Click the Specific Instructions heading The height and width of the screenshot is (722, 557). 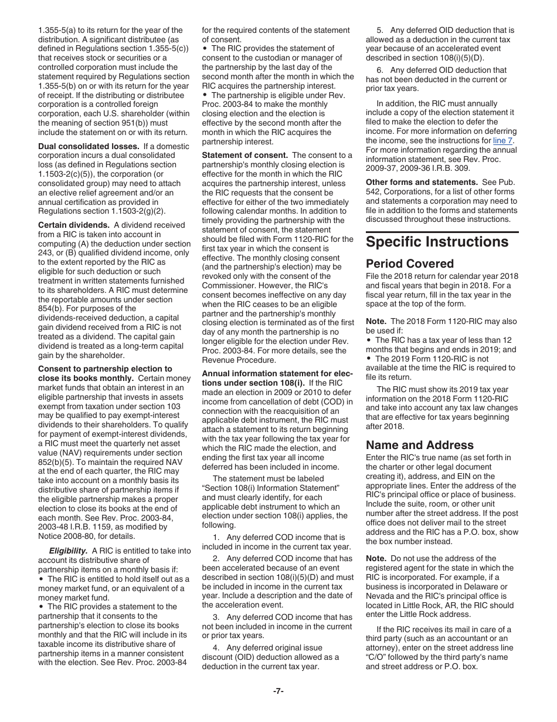[x=437, y=242]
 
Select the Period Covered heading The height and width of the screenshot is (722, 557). [x=409, y=264]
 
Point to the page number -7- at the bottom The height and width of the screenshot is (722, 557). [x=278, y=691]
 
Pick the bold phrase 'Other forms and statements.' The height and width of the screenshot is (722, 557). [x=422, y=182]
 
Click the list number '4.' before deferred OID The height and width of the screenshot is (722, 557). [x=216, y=647]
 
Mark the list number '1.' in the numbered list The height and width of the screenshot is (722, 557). [x=216, y=537]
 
